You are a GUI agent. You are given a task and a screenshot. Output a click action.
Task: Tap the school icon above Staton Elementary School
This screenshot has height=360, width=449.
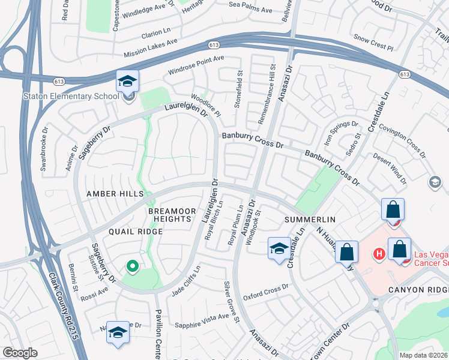pos(127,81)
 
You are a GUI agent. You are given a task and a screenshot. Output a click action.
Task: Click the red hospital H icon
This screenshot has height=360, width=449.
pos(379,254)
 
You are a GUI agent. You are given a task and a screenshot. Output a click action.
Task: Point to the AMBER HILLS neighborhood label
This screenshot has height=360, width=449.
pos(115,194)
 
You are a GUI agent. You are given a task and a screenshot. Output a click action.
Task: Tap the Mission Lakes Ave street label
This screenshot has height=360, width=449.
pos(151,49)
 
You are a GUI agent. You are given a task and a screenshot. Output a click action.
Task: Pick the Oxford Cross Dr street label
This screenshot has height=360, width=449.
pos(266,292)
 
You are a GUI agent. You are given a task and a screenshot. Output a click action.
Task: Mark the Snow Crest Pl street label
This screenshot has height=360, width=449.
pos(373,41)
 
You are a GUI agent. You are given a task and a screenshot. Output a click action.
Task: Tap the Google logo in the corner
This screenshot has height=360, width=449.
pos(20,353)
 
